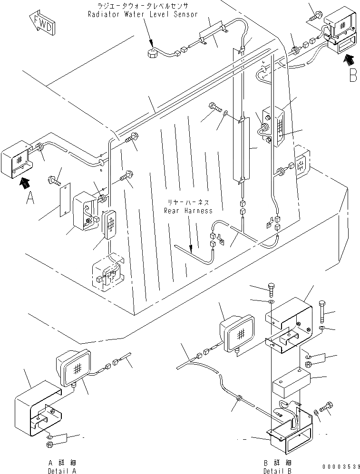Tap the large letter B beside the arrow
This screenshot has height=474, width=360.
[352, 76]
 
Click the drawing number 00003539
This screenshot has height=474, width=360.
[339, 466]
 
